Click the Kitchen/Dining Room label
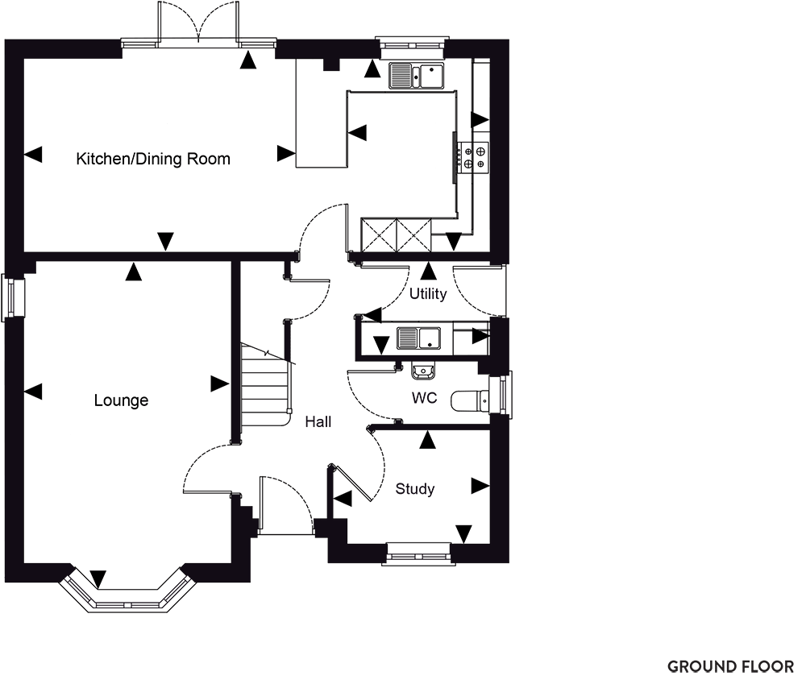(x=153, y=159)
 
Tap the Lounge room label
(x=122, y=400)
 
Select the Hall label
(x=318, y=422)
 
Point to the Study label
(x=415, y=489)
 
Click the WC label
(x=425, y=398)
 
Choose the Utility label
(x=428, y=294)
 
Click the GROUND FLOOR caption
(x=730, y=666)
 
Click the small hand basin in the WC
(x=424, y=371)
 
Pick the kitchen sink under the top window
(x=417, y=76)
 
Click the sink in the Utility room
(x=418, y=338)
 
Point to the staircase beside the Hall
(x=267, y=385)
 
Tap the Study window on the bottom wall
(x=418, y=554)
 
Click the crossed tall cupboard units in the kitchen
(x=397, y=235)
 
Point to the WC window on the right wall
(x=501, y=394)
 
